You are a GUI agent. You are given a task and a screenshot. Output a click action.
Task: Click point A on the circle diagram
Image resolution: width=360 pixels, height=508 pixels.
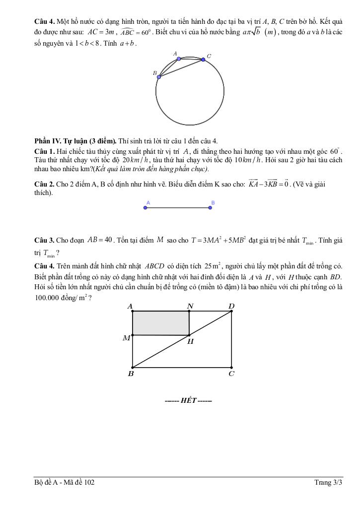click(179, 59)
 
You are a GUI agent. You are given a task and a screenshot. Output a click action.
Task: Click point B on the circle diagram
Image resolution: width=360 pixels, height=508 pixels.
click(158, 77)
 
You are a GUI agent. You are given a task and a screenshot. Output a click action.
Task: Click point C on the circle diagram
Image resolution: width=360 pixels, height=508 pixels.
click(203, 60)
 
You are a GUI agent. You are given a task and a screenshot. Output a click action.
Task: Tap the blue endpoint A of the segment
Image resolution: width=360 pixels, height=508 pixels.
click(145, 207)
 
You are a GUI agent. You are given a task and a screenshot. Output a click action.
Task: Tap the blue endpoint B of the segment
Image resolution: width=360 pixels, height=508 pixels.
click(211, 207)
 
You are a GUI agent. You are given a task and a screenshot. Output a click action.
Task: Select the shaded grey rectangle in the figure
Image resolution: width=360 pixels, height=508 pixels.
click(160, 323)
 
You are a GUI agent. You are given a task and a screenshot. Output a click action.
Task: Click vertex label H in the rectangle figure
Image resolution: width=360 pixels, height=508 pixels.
click(191, 341)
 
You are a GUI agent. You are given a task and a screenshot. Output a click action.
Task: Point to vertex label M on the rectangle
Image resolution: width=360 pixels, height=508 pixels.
click(126, 338)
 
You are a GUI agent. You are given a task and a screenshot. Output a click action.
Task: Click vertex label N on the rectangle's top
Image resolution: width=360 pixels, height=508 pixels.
click(190, 306)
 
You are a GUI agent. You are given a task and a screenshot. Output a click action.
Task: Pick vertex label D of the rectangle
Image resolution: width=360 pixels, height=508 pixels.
click(231, 306)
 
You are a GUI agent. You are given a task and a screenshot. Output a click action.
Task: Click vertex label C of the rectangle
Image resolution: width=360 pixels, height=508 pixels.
click(231, 374)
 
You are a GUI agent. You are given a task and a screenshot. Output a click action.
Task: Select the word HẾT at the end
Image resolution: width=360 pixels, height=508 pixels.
click(188, 400)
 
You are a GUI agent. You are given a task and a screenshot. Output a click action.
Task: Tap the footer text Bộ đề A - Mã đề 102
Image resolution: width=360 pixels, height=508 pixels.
click(65, 482)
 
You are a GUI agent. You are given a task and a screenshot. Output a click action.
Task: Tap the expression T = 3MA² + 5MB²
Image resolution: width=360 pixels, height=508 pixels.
click(218, 240)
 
